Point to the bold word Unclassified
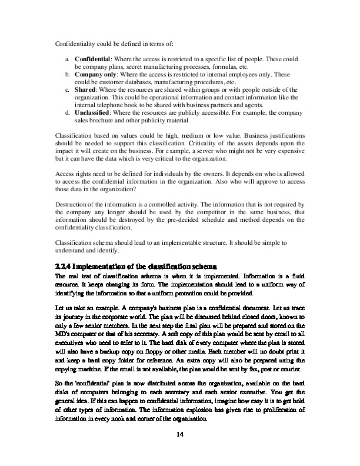93,112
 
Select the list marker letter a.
68,60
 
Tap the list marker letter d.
68,112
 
